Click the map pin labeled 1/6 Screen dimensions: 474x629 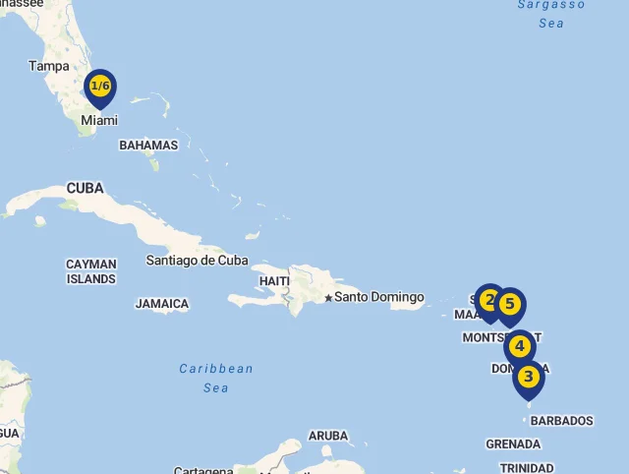click(x=99, y=88)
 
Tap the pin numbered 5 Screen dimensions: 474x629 click(x=509, y=305)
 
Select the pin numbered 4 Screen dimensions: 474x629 click(x=520, y=346)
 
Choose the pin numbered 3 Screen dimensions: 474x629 click(x=529, y=377)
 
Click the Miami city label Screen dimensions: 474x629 click(x=99, y=120)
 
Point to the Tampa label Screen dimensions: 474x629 click(x=49, y=66)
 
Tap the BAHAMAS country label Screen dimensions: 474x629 click(x=148, y=146)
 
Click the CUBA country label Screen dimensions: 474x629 click(x=86, y=188)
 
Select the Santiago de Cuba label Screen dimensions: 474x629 click(x=197, y=261)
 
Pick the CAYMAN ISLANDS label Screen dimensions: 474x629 click(x=91, y=271)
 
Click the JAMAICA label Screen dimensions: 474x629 click(x=162, y=304)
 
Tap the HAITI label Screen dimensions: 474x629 click(x=274, y=281)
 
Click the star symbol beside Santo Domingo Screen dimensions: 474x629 click(x=327, y=298)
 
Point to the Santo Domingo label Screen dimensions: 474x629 click(x=379, y=297)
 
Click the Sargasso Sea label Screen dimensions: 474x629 click(x=551, y=13)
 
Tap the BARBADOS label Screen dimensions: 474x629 click(x=562, y=421)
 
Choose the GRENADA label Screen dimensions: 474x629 click(x=513, y=444)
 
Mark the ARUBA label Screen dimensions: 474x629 click(x=328, y=436)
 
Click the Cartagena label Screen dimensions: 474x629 click(x=203, y=470)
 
